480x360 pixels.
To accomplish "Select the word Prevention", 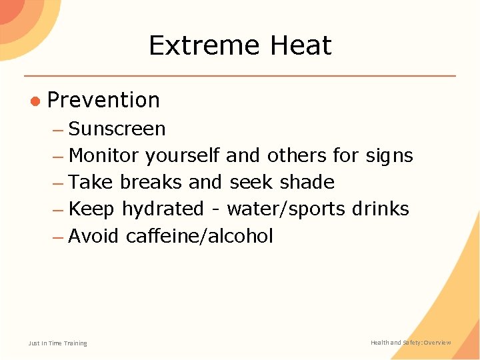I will pos(104,100).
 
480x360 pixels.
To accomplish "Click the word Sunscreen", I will pos(117,129).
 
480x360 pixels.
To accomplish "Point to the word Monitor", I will pos(104,156).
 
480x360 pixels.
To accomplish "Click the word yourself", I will pos(183,156).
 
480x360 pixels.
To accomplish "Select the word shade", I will pos(307,182).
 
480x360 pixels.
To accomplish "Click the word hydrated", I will pos(162,209).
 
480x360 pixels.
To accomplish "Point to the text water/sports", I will pos(286,209).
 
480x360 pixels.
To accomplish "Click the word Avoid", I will pos(94,236).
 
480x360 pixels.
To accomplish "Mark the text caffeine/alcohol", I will pos(199,236).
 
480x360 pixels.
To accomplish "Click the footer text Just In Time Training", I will pos(57,343).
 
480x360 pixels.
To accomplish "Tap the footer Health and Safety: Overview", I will pos(411,343).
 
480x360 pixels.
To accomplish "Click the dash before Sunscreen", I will pos(57,129).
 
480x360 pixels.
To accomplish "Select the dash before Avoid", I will pos(57,237).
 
